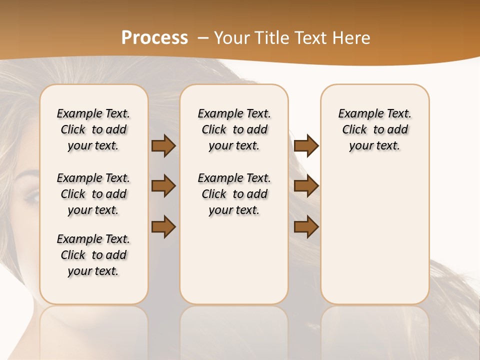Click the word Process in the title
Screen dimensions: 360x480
pyautogui.click(x=154, y=38)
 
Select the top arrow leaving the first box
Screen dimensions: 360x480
pyautogui.click(x=163, y=146)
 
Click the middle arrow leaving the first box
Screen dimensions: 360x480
pyautogui.click(x=163, y=186)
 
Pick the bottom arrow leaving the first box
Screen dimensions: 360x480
pyautogui.click(x=163, y=226)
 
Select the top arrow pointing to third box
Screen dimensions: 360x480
pyautogui.click(x=306, y=146)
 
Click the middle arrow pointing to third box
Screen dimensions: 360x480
pyautogui.click(x=306, y=186)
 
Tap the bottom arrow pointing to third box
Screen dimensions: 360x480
pyautogui.click(x=306, y=226)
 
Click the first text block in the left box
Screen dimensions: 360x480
pyautogui.click(x=93, y=129)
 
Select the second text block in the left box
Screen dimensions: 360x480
pyautogui.click(x=93, y=194)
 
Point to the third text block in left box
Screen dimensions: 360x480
pyautogui.click(x=93, y=255)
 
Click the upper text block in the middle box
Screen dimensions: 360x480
pyautogui.click(x=234, y=129)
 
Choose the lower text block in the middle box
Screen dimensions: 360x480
pyautogui.click(x=234, y=194)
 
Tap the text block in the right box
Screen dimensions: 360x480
pyautogui.click(x=374, y=129)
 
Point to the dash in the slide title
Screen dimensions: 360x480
pyautogui.click(x=203, y=38)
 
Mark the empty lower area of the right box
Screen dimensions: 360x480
pyautogui.click(x=374, y=235)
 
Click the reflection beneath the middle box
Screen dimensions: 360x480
pyautogui.click(x=234, y=330)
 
